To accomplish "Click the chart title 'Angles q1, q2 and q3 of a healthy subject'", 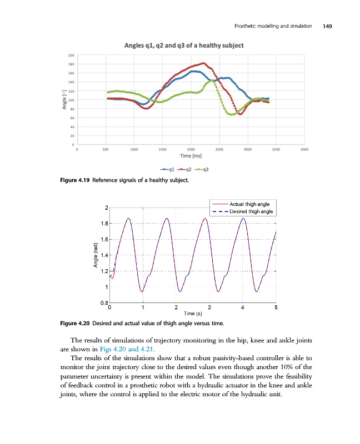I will pos(182,45).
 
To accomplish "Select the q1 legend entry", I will pos(168,169).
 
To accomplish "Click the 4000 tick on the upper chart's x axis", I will pos(304,149).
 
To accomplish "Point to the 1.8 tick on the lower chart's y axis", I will pos(103,224).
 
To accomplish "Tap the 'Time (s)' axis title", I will pos(193,314).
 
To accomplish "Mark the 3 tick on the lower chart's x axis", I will pos(209,307).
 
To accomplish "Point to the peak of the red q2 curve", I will pos(203,63).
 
